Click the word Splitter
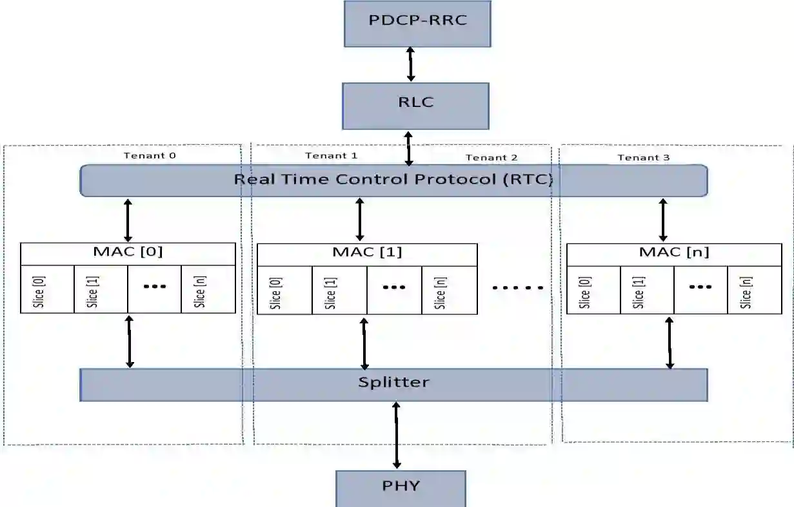click(393, 382)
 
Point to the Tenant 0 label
click(149, 155)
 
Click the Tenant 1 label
click(331, 155)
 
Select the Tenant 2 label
click(491, 157)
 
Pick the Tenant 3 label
click(643, 157)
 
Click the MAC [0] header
click(128, 252)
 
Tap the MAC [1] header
click(367, 253)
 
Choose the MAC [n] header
click(674, 253)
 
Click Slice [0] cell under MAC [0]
click(47, 289)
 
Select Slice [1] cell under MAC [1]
click(339, 291)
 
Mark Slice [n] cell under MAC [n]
click(755, 291)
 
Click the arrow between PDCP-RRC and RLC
click(410, 64)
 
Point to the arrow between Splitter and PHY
click(396, 435)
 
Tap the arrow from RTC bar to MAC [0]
click(128, 220)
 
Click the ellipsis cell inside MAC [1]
click(394, 290)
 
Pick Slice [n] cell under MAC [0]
click(208, 289)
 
